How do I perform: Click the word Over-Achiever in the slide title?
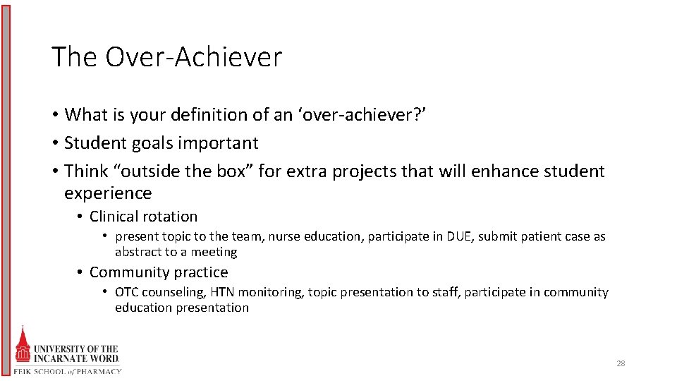193,57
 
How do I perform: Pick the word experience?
108,193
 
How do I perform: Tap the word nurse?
284,236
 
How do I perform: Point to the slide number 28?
621,363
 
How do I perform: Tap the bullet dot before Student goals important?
55,143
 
